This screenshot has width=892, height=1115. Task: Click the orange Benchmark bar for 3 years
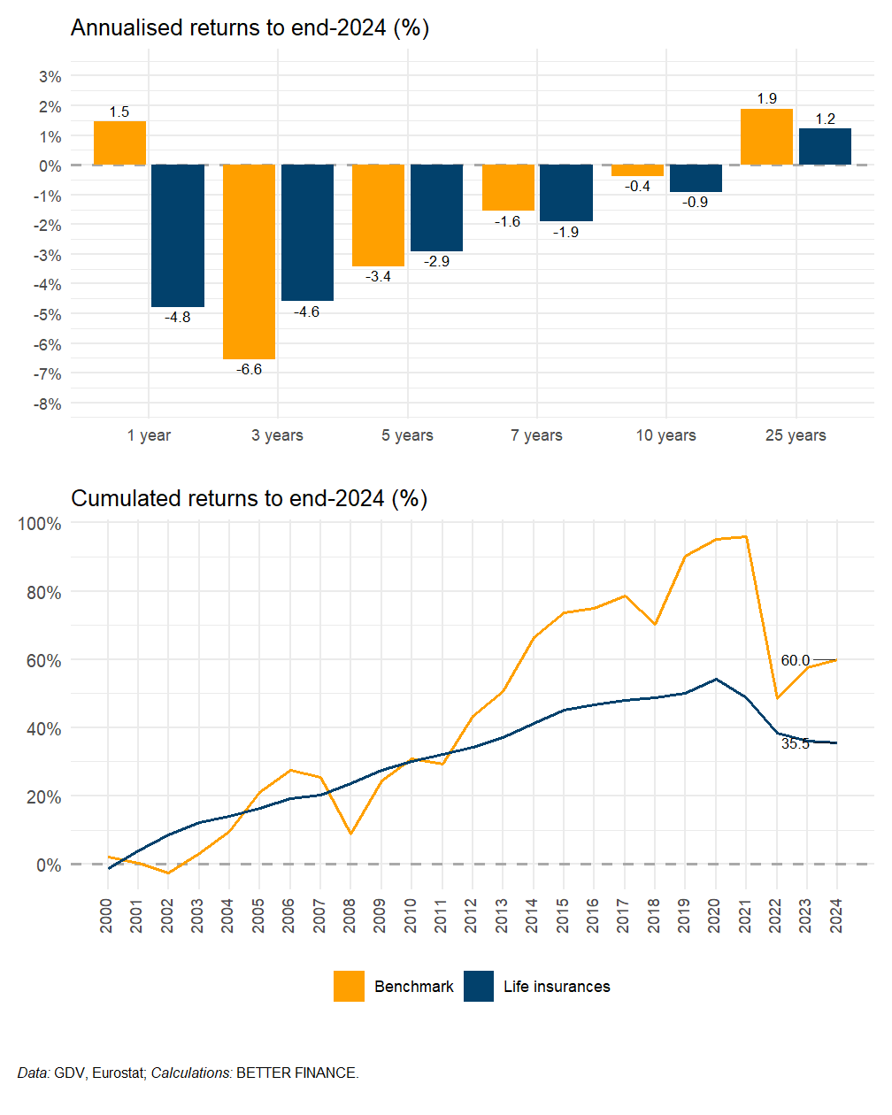249,262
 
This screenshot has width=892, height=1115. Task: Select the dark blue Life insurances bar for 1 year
178,236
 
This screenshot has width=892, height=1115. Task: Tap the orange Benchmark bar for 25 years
766,137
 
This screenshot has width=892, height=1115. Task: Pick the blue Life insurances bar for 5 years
436,208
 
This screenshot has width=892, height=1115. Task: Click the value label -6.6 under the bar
249,370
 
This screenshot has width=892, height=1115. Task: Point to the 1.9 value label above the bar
766,99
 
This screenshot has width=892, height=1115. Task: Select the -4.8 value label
178,318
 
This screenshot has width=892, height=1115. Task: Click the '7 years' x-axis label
536,435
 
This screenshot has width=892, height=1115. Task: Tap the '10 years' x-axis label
665,435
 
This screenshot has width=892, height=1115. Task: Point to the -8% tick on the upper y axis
48,404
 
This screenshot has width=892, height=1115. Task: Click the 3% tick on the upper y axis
50,77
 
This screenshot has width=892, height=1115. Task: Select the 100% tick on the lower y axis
41,524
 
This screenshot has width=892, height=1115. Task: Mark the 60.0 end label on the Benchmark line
795,661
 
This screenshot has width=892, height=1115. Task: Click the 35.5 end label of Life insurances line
795,744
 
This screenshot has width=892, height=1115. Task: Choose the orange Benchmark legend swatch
349,987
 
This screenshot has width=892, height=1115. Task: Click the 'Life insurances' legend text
557,987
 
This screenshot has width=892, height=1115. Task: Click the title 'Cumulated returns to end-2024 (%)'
249,499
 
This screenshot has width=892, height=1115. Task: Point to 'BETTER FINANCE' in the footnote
296,1073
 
